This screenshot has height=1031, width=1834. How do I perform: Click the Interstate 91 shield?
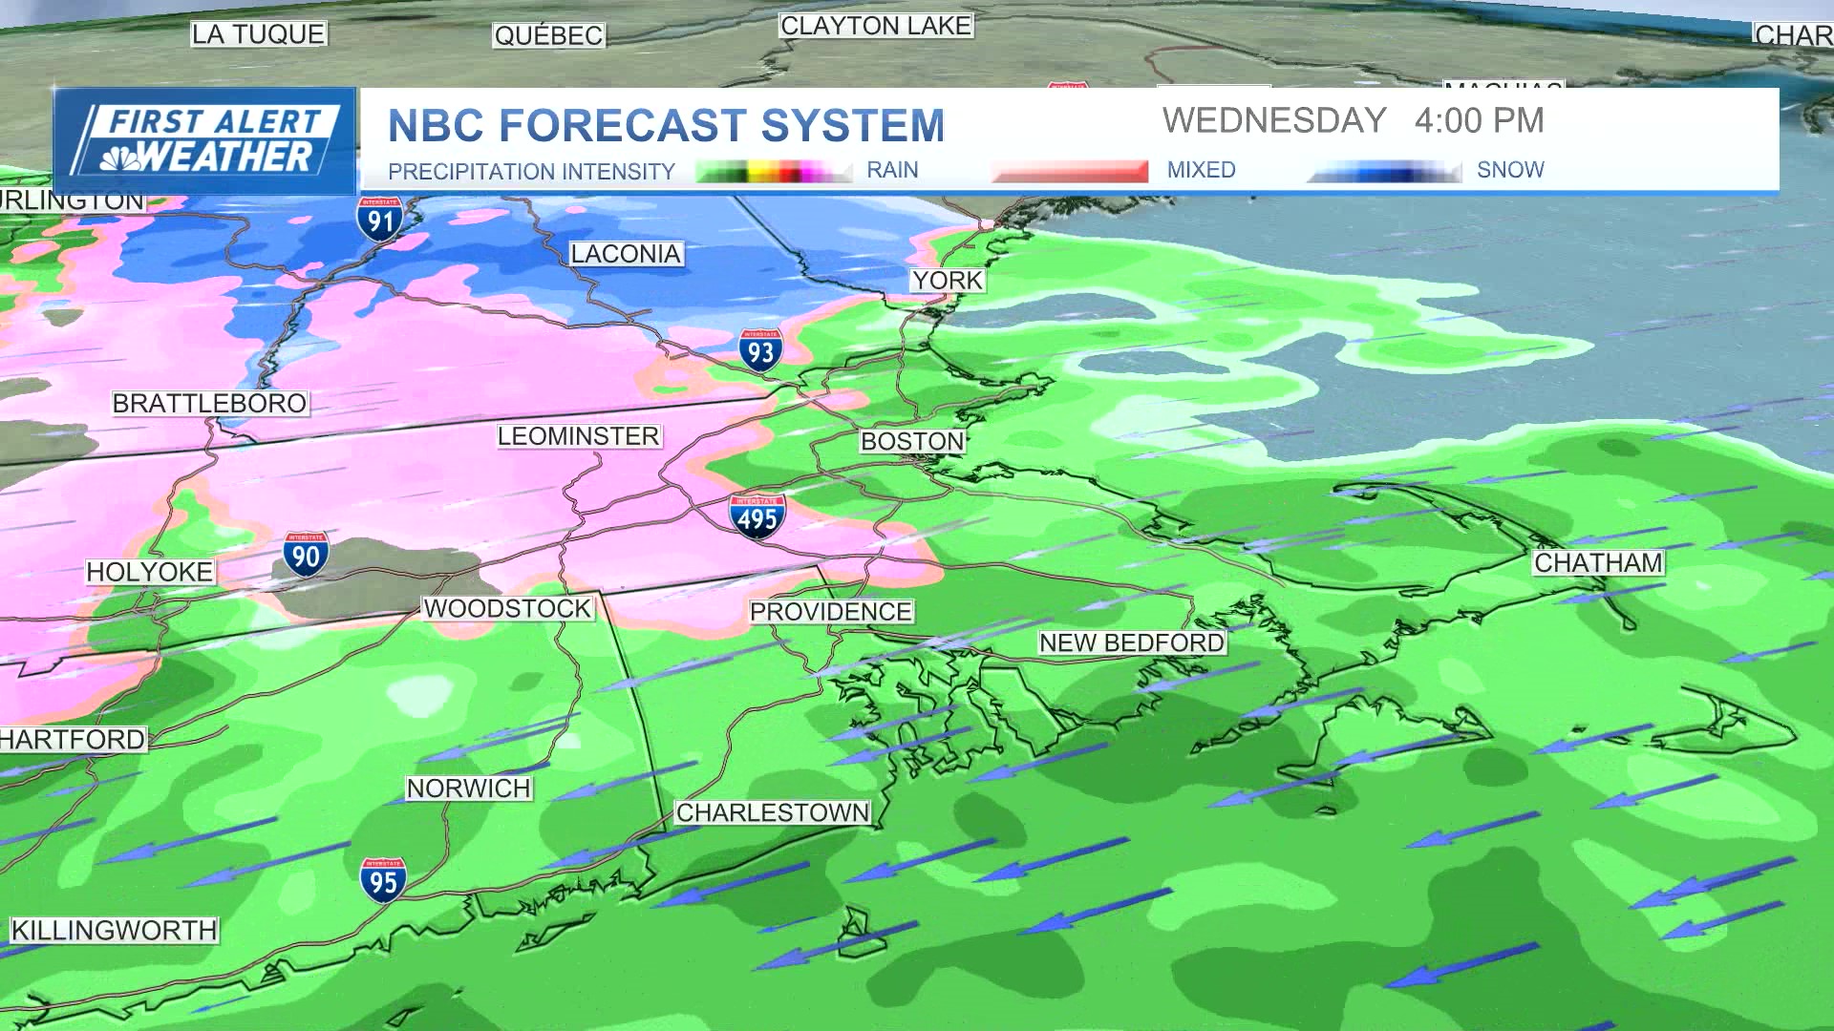(x=381, y=220)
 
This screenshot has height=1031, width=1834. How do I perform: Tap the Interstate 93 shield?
(x=760, y=351)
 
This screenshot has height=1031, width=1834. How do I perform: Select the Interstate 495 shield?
(x=757, y=517)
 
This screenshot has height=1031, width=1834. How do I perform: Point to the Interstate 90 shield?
(x=306, y=555)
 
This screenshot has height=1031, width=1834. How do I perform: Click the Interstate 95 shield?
(x=383, y=880)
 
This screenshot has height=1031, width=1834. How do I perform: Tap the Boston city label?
(x=912, y=441)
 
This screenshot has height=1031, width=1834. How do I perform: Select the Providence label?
(x=830, y=612)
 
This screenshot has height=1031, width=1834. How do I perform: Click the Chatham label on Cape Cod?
(x=1598, y=563)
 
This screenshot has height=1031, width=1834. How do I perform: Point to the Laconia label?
(x=626, y=254)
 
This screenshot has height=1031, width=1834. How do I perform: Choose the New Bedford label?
(x=1131, y=643)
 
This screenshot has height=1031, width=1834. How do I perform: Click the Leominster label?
(x=578, y=436)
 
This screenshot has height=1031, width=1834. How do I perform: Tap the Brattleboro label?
(x=209, y=404)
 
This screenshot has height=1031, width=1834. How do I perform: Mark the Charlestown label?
(x=773, y=812)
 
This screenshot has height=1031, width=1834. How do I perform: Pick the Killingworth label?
(x=114, y=930)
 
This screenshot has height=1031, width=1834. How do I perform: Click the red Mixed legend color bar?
(x=1069, y=171)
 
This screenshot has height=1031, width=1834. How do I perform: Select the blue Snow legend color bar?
(x=1384, y=171)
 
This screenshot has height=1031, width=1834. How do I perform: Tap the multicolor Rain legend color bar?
(x=774, y=172)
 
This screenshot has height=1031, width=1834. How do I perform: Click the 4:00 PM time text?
(x=1479, y=121)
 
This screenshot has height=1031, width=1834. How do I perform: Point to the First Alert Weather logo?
(x=204, y=141)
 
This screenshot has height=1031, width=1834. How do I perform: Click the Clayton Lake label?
(x=875, y=26)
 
